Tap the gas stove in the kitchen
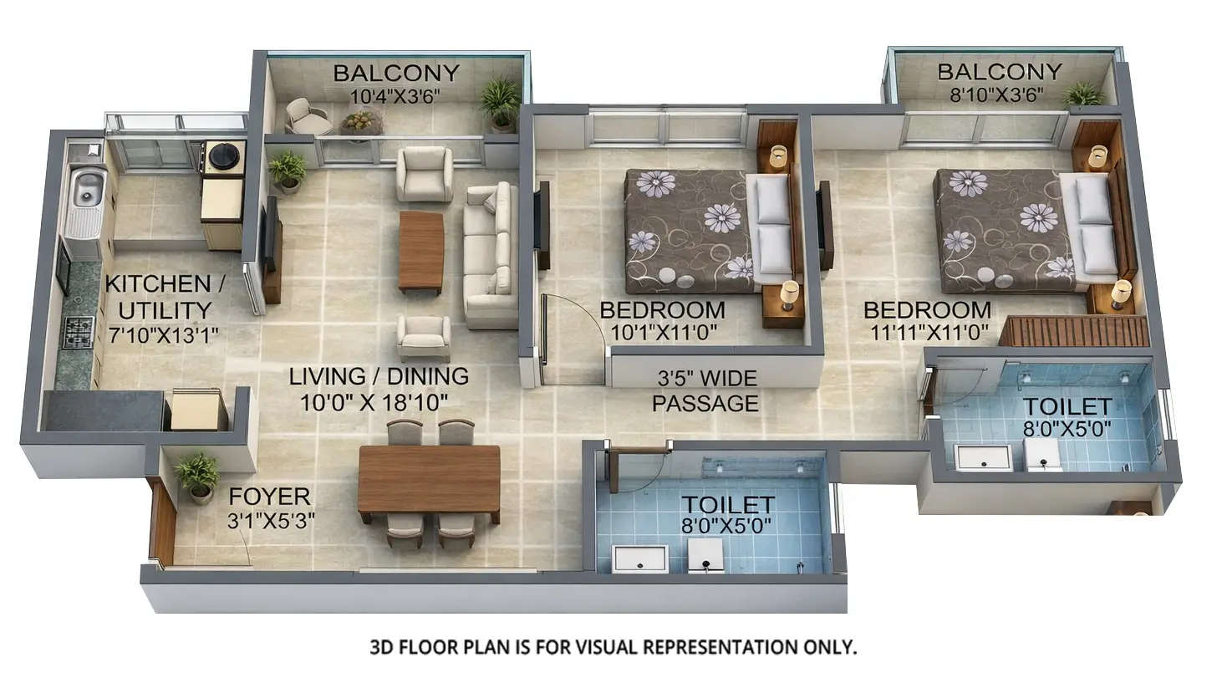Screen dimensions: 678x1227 79,332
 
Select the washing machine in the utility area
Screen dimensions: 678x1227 224,155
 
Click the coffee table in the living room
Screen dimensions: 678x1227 421,251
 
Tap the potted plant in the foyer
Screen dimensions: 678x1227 198,476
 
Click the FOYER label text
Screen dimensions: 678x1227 269,496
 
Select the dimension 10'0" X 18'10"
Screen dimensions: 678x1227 374,403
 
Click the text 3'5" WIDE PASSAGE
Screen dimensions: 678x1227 705,391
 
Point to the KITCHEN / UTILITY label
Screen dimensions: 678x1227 165,297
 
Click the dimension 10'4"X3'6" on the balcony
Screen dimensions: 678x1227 396,96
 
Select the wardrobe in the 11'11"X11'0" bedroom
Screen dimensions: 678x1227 1074,331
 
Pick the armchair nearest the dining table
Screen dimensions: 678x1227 424,337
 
